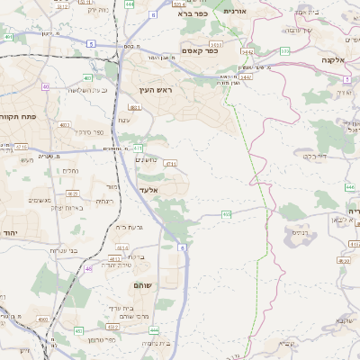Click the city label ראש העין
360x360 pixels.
click(156, 90)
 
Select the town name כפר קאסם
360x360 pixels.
click(202, 51)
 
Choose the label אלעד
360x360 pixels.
click(149, 190)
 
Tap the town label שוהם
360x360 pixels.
click(145, 284)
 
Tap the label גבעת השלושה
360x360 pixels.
click(87, 90)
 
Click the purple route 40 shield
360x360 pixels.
click(46, 87)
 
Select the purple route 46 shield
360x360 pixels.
click(88, 268)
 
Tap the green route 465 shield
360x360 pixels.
click(226, 214)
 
